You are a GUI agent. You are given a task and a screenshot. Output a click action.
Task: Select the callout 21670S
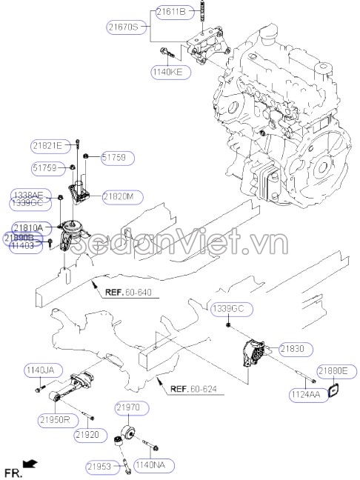[x=123, y=27]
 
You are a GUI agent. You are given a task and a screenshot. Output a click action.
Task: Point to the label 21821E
[x=47, y=144]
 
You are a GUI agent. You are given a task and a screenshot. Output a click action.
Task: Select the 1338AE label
[x=27, y=195]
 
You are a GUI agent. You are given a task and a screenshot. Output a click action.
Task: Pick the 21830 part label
[x=291, y=347]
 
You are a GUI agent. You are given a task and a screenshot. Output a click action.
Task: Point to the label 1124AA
[x=305, y=396]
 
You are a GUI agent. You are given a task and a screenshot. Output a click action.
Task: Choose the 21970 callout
[x=132, y=407]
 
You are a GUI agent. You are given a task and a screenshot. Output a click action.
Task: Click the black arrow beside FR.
[x=30, y=463]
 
